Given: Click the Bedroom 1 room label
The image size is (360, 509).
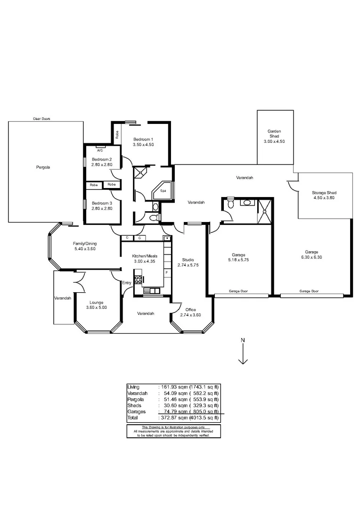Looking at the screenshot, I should [x=143, y=140].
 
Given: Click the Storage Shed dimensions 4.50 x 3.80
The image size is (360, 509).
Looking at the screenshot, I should [x=324, y=198].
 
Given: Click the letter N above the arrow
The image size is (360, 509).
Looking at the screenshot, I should [x=243, y=340].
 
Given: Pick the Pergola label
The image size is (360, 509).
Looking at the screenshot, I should [x=43, y=167].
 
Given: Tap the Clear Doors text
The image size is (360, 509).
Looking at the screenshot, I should [x=41, y=119].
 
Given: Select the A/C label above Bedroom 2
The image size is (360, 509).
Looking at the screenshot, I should [x=100, y=151].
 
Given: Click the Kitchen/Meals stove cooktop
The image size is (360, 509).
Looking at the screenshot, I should [x=138, y=279].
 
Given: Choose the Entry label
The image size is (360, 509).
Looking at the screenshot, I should [x=127, y=283].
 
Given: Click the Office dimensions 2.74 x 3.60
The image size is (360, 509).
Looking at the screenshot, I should [x=190, y=315].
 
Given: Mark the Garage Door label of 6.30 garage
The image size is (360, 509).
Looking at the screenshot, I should [x=309, y=291].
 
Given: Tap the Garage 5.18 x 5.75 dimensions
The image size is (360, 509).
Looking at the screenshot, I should [x=238, y=260].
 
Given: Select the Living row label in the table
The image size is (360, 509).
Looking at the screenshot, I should [x=134, y=387].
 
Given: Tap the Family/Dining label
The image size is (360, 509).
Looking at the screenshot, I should [x=84, y=243].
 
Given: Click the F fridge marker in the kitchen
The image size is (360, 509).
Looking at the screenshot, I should [x=166, y=273].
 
